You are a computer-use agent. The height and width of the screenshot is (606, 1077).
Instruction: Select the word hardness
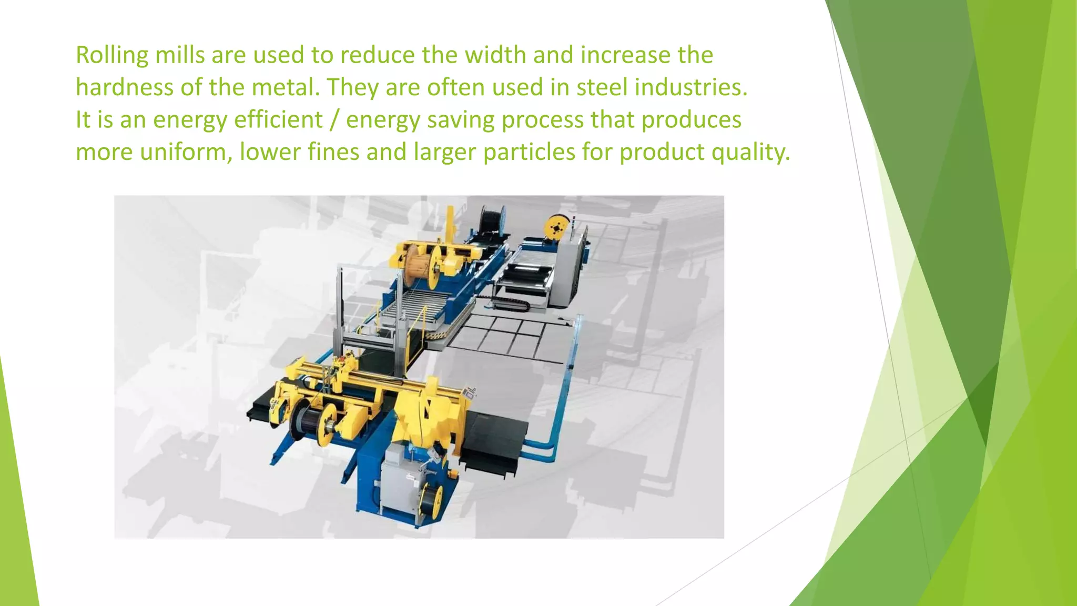(124, 87)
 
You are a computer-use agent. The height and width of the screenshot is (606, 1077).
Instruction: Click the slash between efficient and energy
(334, 120)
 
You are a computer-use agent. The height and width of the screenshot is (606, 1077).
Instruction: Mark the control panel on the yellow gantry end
(470, 392)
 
